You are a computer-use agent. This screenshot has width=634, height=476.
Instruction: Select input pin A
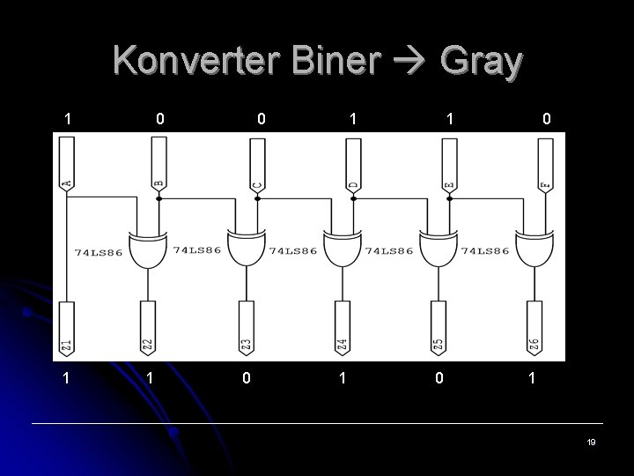[x=67, y=167]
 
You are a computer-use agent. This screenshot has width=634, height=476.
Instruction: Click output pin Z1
[x=66, y=330]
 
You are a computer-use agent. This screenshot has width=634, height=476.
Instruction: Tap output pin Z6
[x=533, y=330]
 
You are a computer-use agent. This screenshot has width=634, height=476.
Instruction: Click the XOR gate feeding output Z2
[x=148, y=251]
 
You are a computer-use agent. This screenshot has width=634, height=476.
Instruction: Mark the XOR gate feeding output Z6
[x=533, y=251]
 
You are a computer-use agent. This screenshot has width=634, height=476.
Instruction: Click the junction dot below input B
[x=159, y=199]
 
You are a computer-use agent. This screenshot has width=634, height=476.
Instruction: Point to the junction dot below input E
[x=449, y=199]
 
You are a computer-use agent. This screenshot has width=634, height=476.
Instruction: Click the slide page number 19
[x=591, y=442]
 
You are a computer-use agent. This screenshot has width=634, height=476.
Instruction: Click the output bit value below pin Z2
[x=151, y=378]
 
